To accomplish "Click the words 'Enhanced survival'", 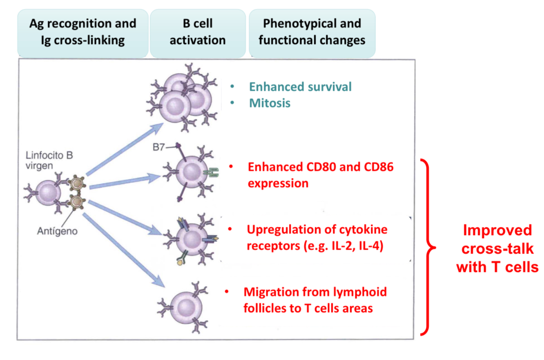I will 300,87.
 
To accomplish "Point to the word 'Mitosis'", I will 270,103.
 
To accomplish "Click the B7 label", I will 159,147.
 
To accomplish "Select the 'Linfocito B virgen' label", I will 49,160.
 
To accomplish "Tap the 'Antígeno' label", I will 57,231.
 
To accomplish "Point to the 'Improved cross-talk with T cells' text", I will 497,249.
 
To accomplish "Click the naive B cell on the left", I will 48,193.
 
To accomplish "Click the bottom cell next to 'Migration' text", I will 185,308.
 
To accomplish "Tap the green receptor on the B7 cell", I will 212,172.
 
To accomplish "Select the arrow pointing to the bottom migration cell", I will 123,250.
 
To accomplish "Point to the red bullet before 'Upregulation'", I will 230,229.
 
